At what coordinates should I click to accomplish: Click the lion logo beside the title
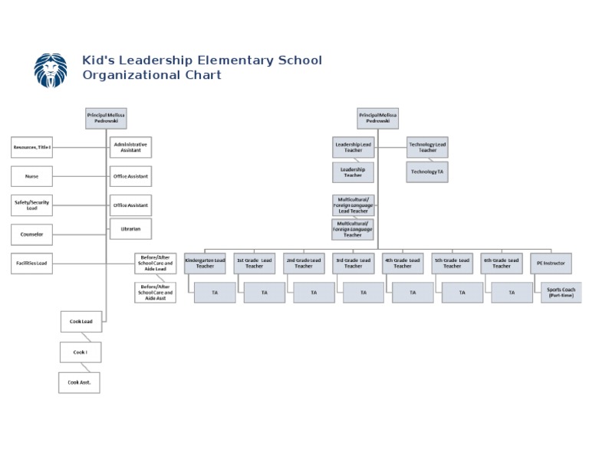(51, 70)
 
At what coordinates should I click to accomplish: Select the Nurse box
(31, 176)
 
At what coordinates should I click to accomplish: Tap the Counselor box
(31, 234)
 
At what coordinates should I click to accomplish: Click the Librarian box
(130, 228)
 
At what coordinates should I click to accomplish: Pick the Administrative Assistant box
(130, 147)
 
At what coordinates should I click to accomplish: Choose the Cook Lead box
(81, 322)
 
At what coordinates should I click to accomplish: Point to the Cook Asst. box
(79, 382)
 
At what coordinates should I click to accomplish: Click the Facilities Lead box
(31, 264)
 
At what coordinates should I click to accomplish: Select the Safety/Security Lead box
(31, 205)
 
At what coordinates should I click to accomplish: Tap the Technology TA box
(426, 172)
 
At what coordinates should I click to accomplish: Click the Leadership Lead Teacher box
(353, 147)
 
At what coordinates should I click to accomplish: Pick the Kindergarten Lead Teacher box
(205, 264)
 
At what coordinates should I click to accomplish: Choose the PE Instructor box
(551, 264)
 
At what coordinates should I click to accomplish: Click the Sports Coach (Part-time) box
(561, 293)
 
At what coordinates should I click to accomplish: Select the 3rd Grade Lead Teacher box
(353, 264)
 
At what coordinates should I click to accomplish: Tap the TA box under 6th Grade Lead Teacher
(512, 293)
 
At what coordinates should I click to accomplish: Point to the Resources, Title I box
(31, 147)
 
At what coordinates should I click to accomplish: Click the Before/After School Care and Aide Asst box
(155, 293)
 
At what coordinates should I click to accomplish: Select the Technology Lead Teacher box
(427, 147)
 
